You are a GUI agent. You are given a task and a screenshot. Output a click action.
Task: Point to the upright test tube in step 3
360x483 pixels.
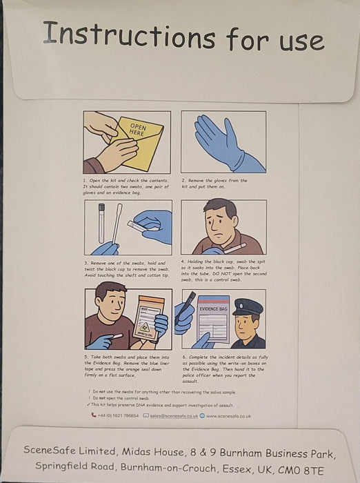pyautogui.click(x=101, y=221)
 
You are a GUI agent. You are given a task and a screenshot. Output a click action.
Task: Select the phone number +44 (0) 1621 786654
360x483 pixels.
pyautogui.click(x=118, y=416)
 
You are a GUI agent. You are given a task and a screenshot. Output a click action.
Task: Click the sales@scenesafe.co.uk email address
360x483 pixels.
pyautogui.click(x=174, y=416)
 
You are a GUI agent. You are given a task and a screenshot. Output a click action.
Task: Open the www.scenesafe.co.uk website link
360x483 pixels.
pyautogui.click(x=228, y=416)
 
